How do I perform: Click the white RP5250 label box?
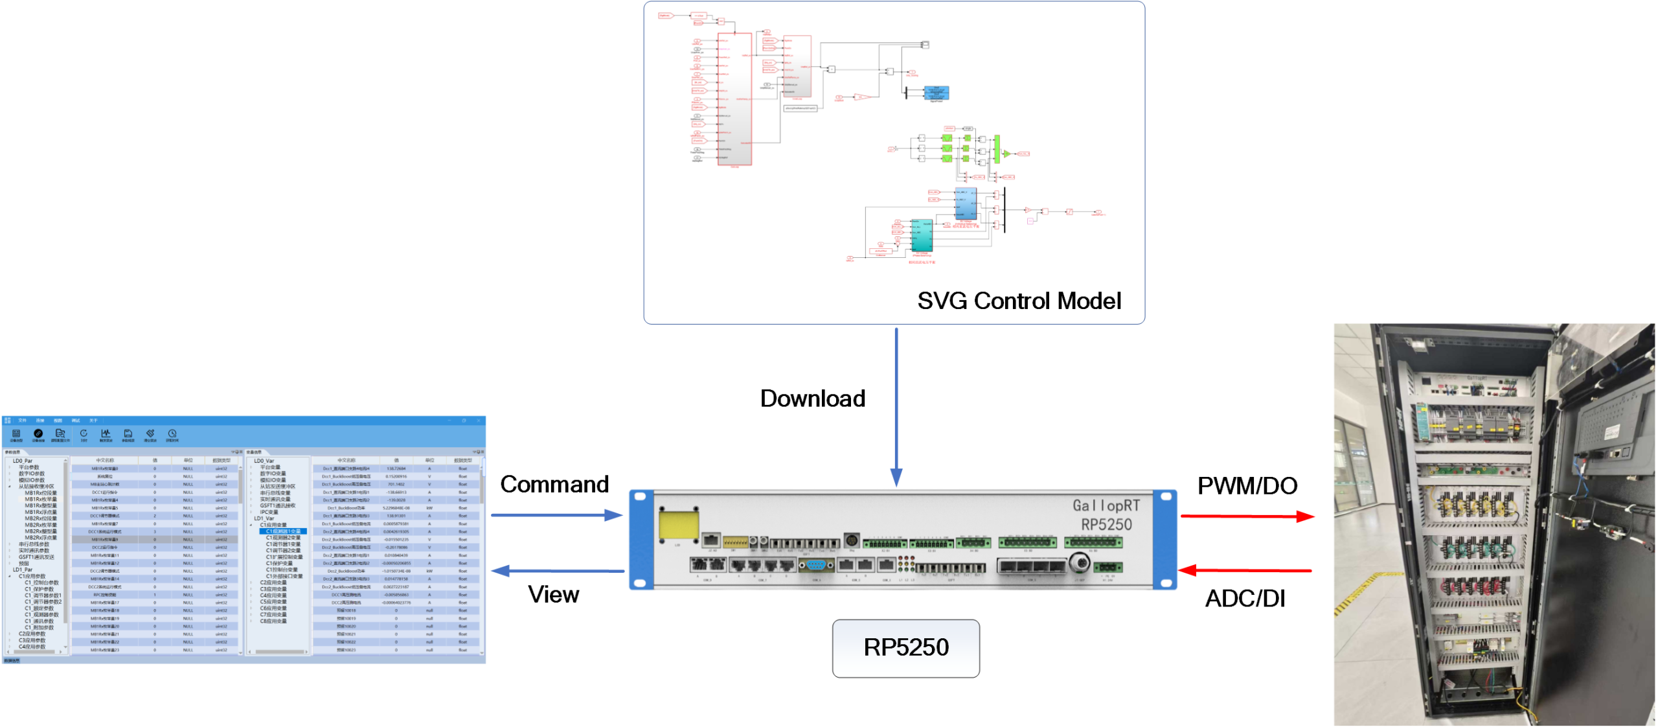(x=905, y=648)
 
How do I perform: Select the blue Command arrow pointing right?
(x=557, y=515)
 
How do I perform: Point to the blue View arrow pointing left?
(x=557, y=571)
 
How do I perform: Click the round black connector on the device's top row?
(x=852, y=540)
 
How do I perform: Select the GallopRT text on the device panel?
(x=1106, y=505)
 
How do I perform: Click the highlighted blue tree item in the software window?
(x=282, y=531)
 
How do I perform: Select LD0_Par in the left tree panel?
(x=23, y=461)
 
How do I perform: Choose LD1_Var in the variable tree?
(x=264, y=518)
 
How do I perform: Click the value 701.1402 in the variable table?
(x=396, y=484)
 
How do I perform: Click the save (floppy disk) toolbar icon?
(x=128, y=433)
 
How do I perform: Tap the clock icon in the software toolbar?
(x=172, y=433)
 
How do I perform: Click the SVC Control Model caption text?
(x=1016, y=301)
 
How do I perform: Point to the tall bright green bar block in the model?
(x=997, y=149)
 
